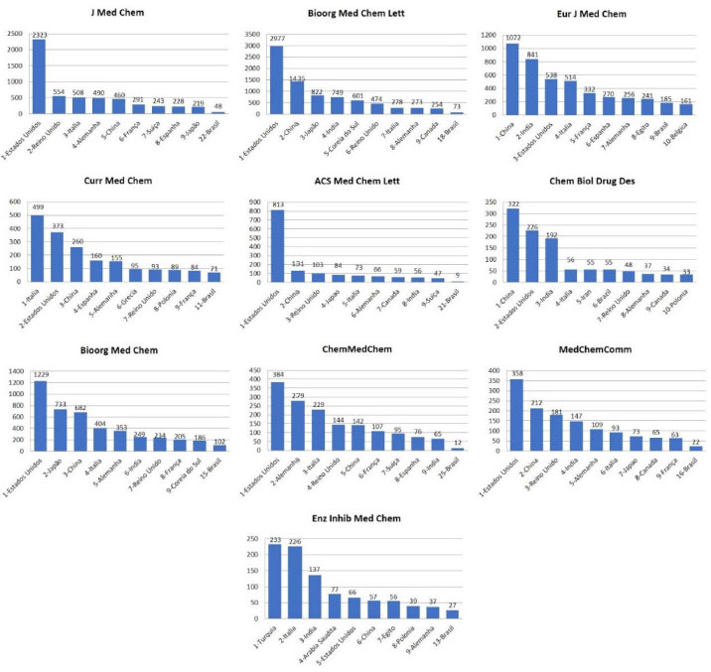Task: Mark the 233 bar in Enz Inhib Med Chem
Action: coord(275,585)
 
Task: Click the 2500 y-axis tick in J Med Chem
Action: coord(16,36)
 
